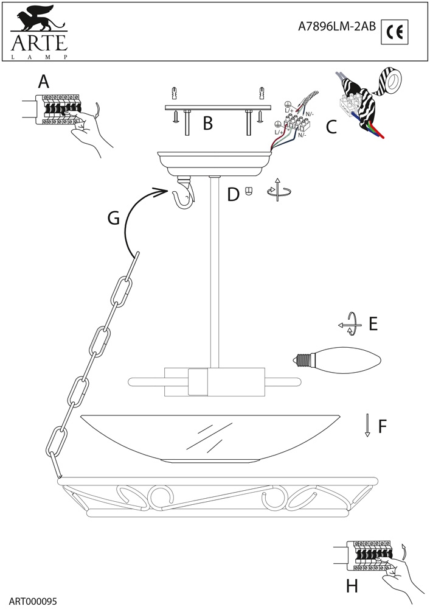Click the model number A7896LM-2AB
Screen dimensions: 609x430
[336, 27]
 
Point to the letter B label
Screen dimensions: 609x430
[207, 124]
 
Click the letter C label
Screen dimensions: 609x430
[331, 127]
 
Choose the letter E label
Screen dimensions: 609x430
[373, 324]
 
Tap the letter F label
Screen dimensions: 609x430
[382, 427]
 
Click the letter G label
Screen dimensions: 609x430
[113, 218]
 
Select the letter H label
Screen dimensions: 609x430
[352, 586]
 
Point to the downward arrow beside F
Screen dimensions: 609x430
[367, 426]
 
